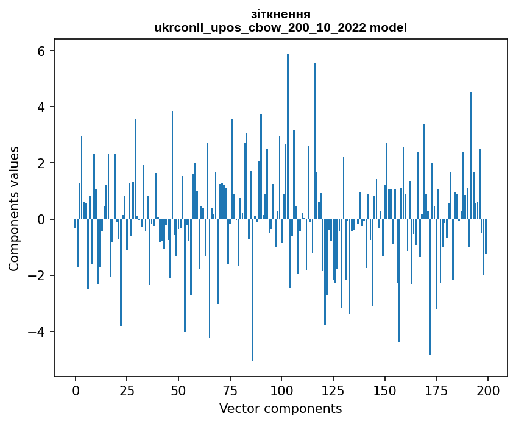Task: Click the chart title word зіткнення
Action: point(280,14)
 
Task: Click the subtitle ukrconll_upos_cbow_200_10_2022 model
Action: point(280,27)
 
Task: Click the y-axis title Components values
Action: point(13,208)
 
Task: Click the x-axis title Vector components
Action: point(280,408)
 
